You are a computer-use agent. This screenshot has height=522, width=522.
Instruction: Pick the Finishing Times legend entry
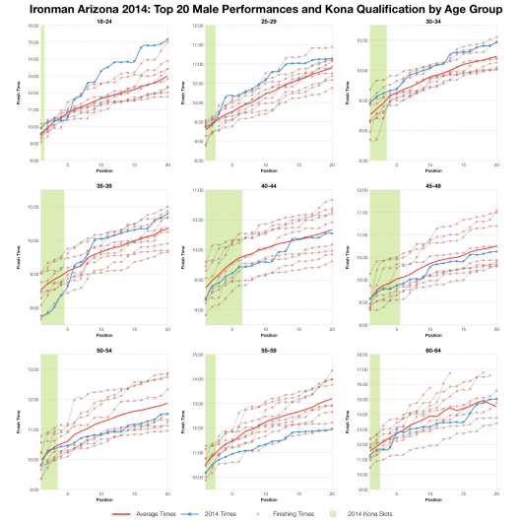click(324, 513)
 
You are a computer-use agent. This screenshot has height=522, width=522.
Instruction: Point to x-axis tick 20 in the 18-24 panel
click(167, 164)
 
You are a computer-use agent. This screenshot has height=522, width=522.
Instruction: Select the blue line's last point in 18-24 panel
click(167, 39)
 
